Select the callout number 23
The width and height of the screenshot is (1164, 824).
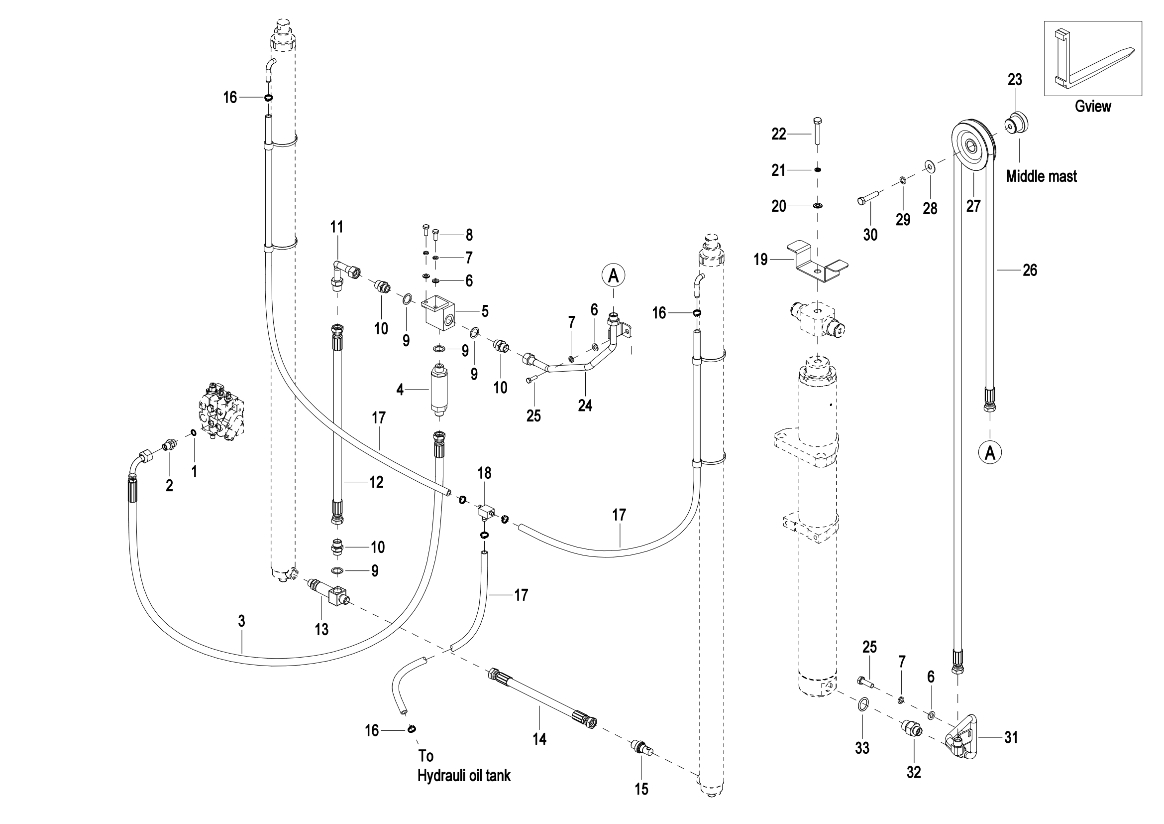(x=1014, y=80)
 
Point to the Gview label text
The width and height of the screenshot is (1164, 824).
(x=1092, y=107)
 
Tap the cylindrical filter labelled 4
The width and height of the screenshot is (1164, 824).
(x=439, y=390)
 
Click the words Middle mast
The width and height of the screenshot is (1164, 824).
(x=1041, y=176)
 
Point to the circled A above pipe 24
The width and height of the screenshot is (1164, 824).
(x=614, y=275)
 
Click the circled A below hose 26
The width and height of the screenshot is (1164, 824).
(x=990, y=452)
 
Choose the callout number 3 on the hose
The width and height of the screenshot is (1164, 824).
(x=242, y=621)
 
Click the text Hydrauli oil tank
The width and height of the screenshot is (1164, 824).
(x=464, y=775)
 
